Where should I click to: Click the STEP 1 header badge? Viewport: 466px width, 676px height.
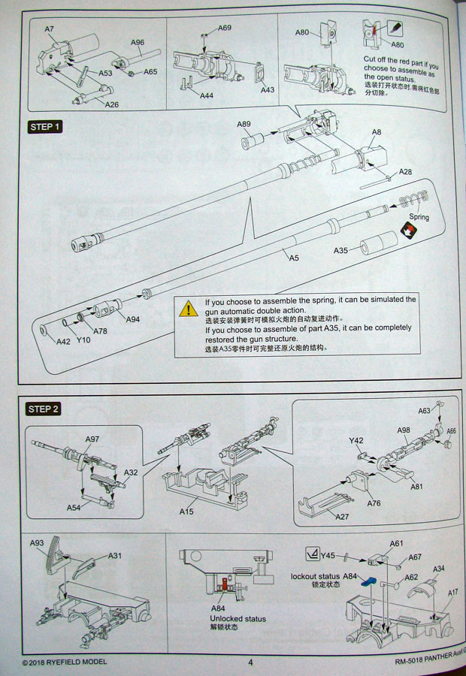point(44,127)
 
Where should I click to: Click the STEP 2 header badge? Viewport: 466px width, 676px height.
point(44,409)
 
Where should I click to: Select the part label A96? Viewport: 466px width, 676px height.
point(137,42)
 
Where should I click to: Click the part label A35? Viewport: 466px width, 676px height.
point(341,249)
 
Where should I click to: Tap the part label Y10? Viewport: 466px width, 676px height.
point(83,339)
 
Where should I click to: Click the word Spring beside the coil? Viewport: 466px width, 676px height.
point(419,217)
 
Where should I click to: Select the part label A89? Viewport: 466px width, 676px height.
point(244,124)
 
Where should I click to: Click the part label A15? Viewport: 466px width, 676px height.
point(187,512)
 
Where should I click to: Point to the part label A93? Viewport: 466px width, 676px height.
point(37,542)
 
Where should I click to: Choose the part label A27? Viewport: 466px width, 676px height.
point(342,517)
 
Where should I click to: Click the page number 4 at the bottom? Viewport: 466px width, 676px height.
point(250,662)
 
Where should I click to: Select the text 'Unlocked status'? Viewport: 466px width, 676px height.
point(238,620)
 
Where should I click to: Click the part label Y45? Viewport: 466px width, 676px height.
point(327,556)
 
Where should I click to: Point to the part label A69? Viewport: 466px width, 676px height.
point(224,28)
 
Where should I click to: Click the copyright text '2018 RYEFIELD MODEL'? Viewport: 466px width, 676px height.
point(68,662)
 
